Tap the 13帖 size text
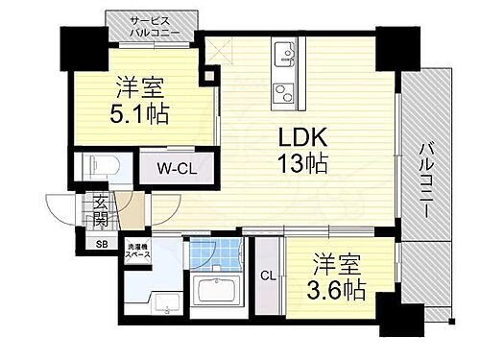[x=300, y=164]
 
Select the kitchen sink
[x=286, y=54]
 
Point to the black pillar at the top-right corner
[x=391, y=42]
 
